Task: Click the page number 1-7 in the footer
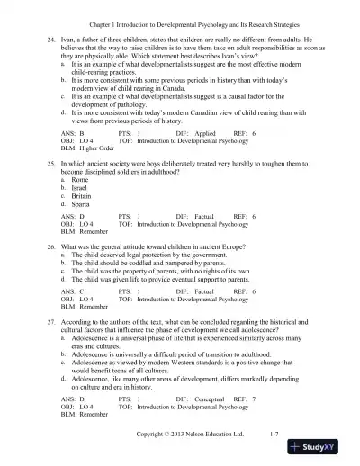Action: pyautogui.click(x=280, y=435)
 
